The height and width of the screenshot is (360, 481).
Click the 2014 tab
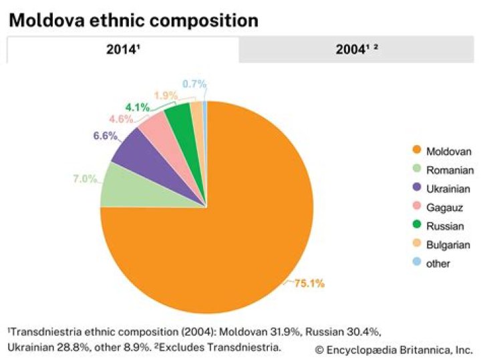(123, 49)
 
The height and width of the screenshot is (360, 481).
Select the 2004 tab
(357, 49)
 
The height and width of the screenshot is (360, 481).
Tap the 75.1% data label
(309, 283)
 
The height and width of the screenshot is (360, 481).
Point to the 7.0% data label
(85, 178)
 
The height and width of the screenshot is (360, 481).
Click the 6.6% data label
(106, 136)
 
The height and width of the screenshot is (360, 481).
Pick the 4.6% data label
(121, 119)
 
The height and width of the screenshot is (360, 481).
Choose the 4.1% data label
(138, 108)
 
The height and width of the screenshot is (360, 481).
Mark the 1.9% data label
(166, 96)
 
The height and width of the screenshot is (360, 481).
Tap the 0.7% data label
(194, 83)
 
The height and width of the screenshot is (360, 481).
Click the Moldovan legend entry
(442, 151)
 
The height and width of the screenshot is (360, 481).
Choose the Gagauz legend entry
(438, 208)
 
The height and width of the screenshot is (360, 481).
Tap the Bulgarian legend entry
(442, 244)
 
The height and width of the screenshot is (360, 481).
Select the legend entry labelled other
(432, 263)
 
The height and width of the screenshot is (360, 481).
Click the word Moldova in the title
(46, 20)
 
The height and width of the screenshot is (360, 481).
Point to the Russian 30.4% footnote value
(343, 332)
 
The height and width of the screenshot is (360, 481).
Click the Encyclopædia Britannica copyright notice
(394, 350)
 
